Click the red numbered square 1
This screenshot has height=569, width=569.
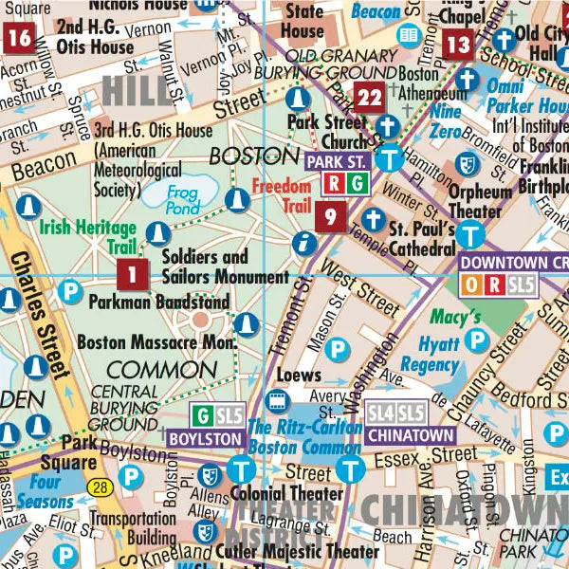(133, 275)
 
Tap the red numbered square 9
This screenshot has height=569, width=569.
(330, 216)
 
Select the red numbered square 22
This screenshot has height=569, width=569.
(369, 97)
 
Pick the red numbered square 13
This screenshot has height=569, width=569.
(459, 44)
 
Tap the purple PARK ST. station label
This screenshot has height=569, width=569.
(336, 161)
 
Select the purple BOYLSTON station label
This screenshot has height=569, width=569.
(204, 440)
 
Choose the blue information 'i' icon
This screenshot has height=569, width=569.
(303, 243)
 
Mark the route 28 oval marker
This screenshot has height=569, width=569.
(100, 486)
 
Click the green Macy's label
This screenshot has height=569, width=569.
(456, 315)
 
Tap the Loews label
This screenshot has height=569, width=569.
(299, 376)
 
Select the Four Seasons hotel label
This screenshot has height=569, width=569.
(38, 490)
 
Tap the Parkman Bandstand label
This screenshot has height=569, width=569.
(159, 303)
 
